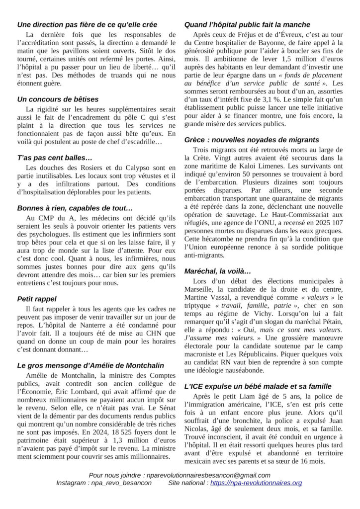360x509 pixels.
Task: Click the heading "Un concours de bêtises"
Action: pos(58,99)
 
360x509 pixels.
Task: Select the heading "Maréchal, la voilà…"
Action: pos(217,271)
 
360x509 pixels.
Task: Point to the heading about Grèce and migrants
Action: pos(252,140)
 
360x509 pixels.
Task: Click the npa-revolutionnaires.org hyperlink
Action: pos(256,483)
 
